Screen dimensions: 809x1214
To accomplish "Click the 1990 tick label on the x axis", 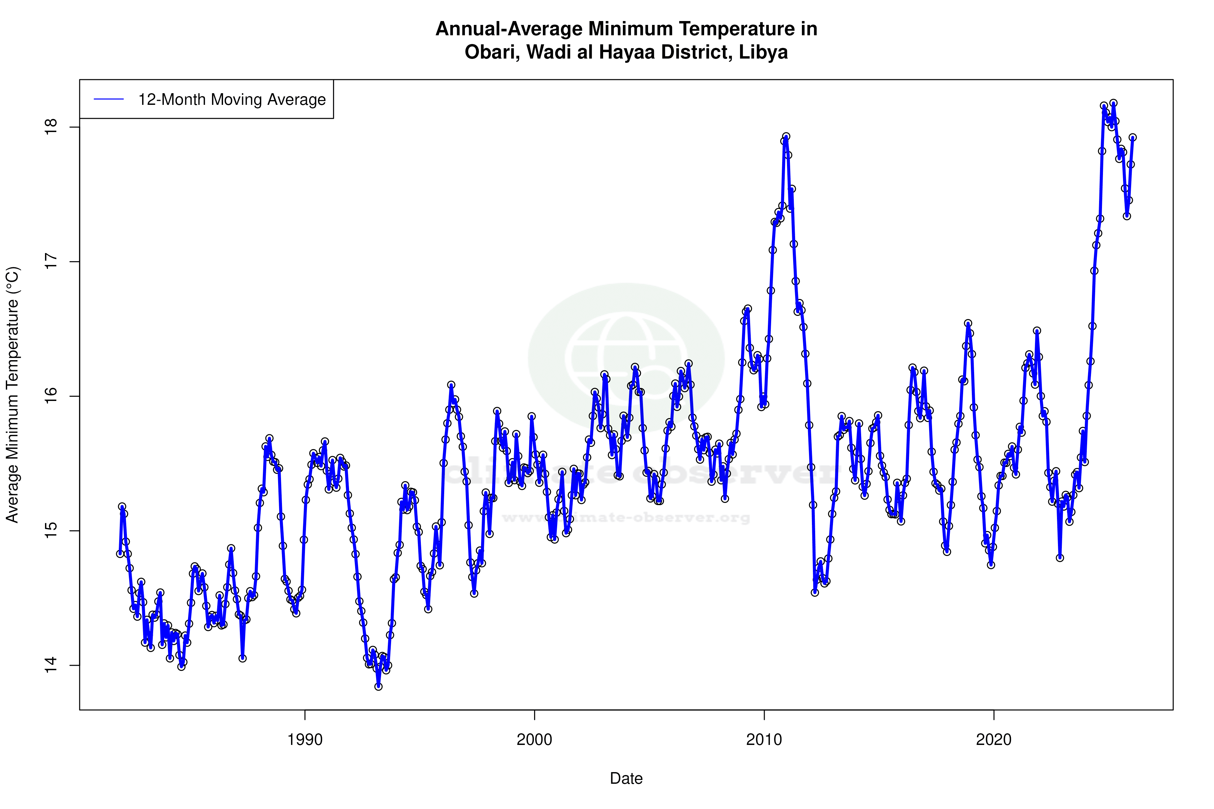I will pyautogui.click(x=305, y=740).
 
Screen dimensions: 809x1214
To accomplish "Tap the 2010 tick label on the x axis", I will pyautogui.click(x=764, y=740).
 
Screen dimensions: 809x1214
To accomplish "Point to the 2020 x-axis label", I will pyautogui.click(x=994, y=740).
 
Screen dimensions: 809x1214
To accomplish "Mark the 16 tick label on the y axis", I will pyautogui.click(x=51, y=396).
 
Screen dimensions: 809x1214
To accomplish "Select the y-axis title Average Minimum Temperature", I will pyautogui.click(x=12, y=395).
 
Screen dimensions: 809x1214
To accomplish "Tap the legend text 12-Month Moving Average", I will pyautogui.click(x=232, y=100).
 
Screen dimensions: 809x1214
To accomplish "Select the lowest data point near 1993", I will pyautogui.click(x=378, y=686).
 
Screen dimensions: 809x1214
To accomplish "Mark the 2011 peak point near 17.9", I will pyautogui.click(x=786, y=137).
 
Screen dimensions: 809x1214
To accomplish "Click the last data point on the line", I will pyautogui.click(x=1132, y=137).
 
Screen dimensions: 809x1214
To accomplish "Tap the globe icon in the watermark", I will pyautogui.click(x=626, y=358).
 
